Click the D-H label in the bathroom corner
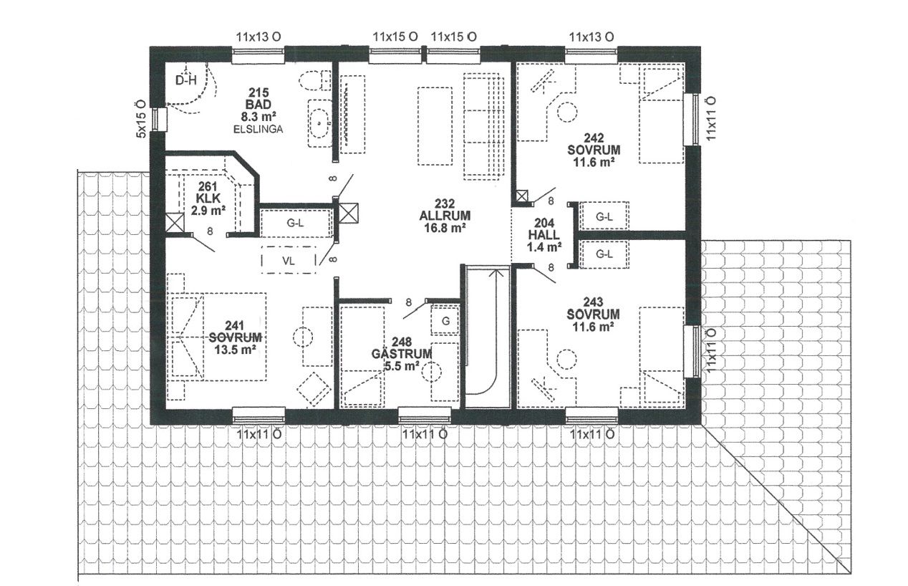click(x=185, y=81)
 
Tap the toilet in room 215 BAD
click(x=315, y=81)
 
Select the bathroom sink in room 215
click(x=319, y=122)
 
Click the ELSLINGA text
click(x=259, y=130)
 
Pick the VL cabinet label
click(x=288, y=261)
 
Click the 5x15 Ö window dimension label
click(x=141, y=119)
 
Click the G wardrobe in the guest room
click(x=445, y=321)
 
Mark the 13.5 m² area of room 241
click(x=235, y=350)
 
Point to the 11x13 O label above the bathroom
click(x=259, y=37)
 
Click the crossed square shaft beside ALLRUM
click(x=349, y=213)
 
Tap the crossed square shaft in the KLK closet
click(x=175, y=223)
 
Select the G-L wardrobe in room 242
click(x=604, y=217)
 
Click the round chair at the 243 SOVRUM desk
click(x=566, y=360)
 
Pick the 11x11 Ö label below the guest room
click(x=425, y=435)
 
